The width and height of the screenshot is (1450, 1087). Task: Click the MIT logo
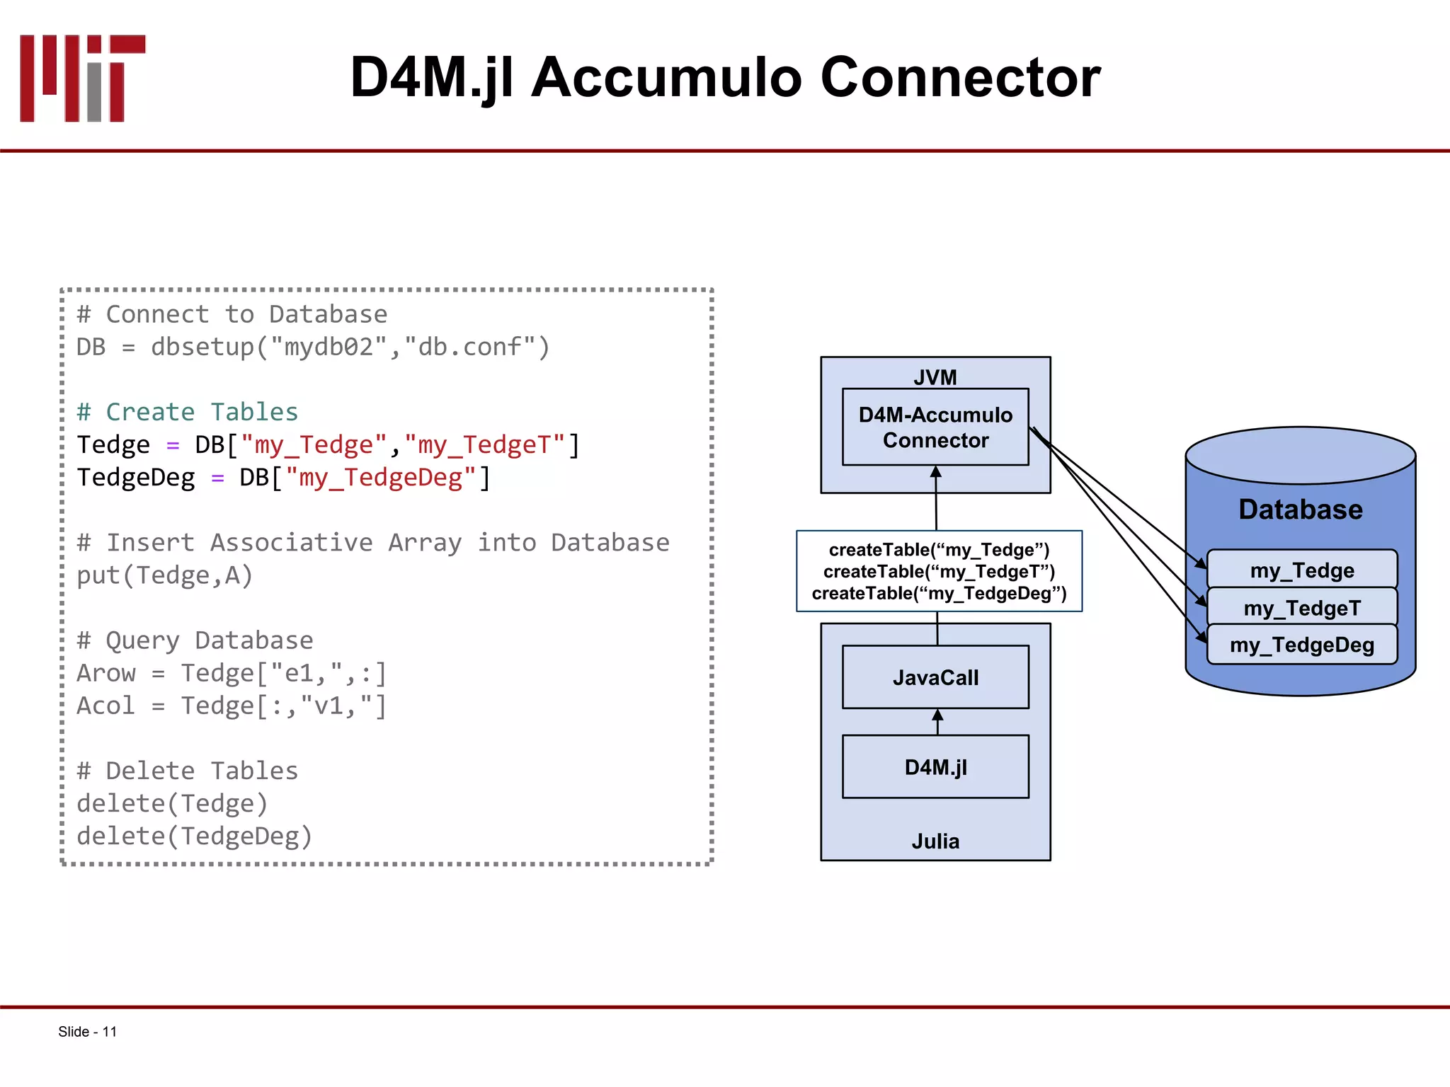pyautogui.click(x=82, y=78)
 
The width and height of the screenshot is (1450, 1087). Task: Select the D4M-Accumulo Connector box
pyautogui.click(x=935, y=427)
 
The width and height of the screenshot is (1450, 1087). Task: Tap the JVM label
pyautogui.click(x=935, y=377)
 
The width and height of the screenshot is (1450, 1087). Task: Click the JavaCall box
pyautogui.click(x=935, y=677)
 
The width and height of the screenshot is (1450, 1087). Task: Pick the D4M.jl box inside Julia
pyautogui.click(x=935, y=767)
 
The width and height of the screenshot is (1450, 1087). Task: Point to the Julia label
pyautogui.click(x=935, y=841)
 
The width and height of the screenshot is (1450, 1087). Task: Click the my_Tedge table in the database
pyautogui.click(x=1301, y=570)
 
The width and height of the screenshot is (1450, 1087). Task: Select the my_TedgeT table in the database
pyautogui.click(x=1301, y=607)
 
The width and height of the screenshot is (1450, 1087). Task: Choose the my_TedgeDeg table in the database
pyautogui.click(x=1301, y=645)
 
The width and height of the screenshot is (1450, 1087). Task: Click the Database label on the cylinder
pyautogui.click(x=1300, y=510)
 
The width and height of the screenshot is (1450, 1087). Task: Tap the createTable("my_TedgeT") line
pyautogui.click(x=939, y=572)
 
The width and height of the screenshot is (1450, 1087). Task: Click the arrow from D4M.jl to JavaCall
pyautogui.click(x=937, y=721)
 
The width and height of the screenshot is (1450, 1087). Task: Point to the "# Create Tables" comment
pyautogui.click(x=188, y=412)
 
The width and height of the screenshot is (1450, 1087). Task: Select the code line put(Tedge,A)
pyautogui.click(x=164, y=575)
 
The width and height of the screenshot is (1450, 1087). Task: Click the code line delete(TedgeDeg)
pyautogui.click(x=194, y=836)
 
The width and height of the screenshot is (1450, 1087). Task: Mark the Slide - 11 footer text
pyautogui.click(x=87, y=1032)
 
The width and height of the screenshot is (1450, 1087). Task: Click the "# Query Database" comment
pyautogui.click(x=195, y=640)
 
